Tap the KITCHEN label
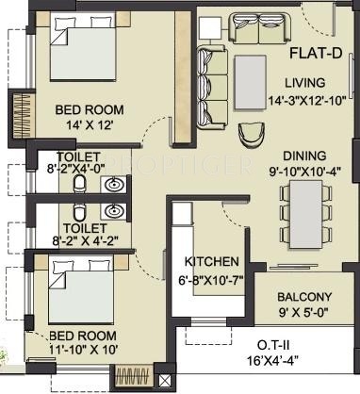(x=211, y=261)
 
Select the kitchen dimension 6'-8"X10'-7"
(x=211, y=278)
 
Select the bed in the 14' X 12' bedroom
(x=76, y=53)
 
